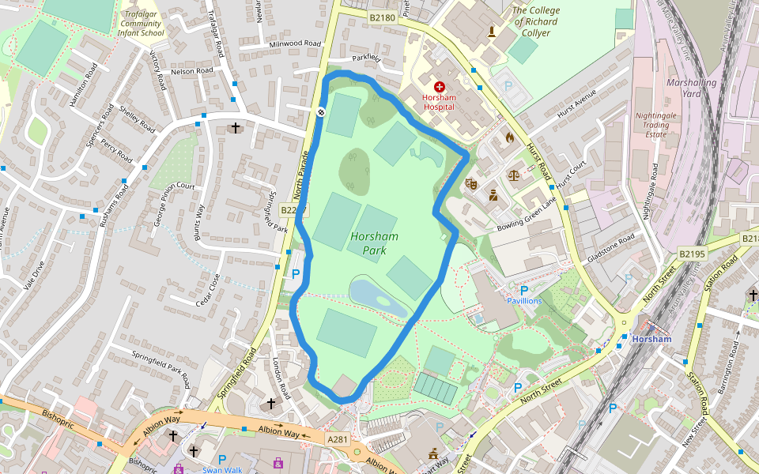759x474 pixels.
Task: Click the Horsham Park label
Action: (x=374, y=243)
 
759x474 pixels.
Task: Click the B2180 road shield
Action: (x=382, y=17)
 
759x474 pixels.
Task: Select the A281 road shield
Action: (x=337, y=438)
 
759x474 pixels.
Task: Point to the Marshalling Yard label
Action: (x=691, y=88)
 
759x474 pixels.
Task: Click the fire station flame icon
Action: (x=509, y=137)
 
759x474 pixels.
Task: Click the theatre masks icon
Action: (x=472, y=183)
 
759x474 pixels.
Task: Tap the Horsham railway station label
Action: (x=651, y=340)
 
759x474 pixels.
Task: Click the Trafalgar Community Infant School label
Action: (x=141, y=24)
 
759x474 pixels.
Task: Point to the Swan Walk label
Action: (x=222, y=470)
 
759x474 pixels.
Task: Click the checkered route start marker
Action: (x=322, y=112)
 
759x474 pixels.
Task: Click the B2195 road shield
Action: (x=692, y=254)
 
